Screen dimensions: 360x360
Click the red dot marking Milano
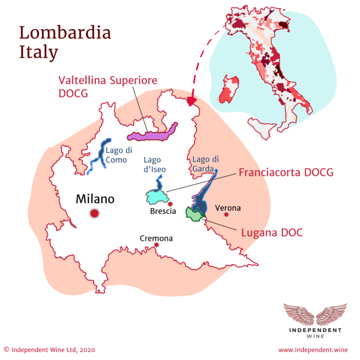[x=95, y=214]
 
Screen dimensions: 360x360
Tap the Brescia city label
[x=163, y=211]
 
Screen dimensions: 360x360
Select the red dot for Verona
[x=226, y=215]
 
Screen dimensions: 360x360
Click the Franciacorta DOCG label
[x=286, y=172]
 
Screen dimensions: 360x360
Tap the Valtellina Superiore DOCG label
[x=107, y=86]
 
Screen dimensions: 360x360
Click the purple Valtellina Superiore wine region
[x=152, y=135]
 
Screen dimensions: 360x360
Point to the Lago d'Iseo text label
[x=155, y=165]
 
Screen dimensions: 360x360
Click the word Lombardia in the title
[x=65, y=33]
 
